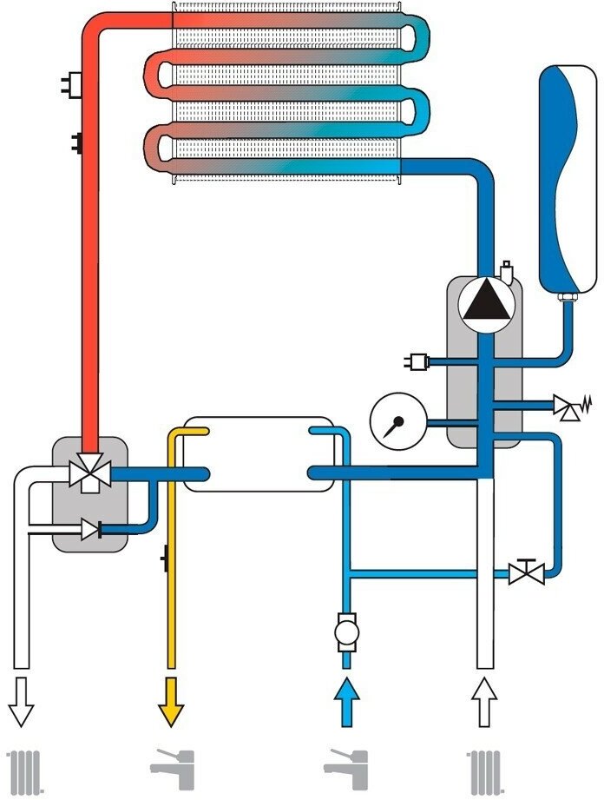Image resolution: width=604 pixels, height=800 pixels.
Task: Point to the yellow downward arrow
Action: (171, 698)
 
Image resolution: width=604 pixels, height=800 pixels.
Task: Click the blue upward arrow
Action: (347, 698)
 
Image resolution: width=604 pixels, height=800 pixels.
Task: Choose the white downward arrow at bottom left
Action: (23, 698)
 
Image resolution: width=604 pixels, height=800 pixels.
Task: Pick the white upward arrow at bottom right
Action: (484, 698)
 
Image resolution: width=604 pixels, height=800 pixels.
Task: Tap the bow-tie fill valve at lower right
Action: (526, 573)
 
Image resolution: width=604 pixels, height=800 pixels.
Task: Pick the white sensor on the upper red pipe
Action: (69, 84)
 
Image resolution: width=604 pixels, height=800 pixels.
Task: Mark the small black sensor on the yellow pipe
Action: (165, 556)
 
